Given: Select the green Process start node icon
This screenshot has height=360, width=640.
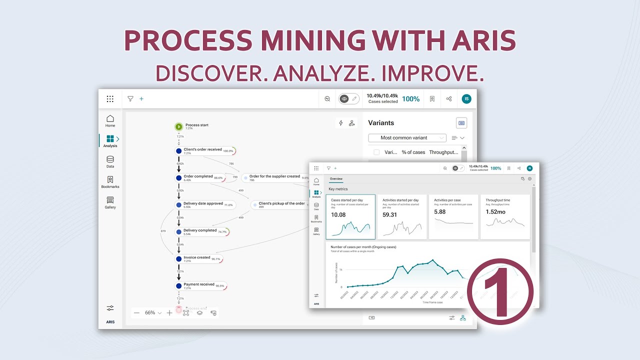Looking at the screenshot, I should pyautogui.click(x=178, y=126).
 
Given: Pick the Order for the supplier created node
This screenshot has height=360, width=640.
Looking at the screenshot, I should pyautogui.click(x=274, y=177).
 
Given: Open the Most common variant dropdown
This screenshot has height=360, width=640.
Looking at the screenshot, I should pyautogui.click(x=407, y=138).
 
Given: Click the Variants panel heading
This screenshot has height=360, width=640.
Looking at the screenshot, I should pyautogui.click(x=381, y=123).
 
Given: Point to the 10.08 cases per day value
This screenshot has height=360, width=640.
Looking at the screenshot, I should pyautogui.click(x=338, y=215).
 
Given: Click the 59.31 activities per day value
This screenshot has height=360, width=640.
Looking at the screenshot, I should pyautogui.click(x=390, y=215).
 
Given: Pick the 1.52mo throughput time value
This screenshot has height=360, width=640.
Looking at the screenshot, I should pyautogui.click(x=495, y=212).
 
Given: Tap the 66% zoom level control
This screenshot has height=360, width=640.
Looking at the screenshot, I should pyautogui.click(x=150, y=312).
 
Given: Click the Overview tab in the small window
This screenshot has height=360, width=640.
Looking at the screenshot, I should pyautogui.click(x=336, y=178).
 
